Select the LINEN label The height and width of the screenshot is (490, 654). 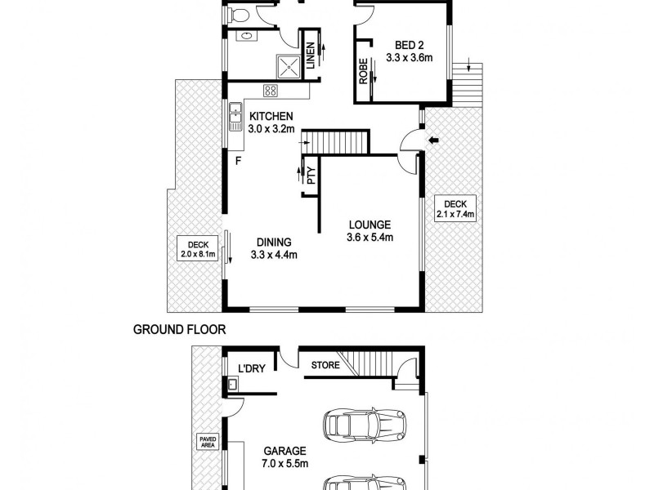[x=311, y=55]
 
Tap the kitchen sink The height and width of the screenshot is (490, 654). [x=235, y=109]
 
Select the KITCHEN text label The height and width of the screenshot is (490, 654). [x=272, y=116]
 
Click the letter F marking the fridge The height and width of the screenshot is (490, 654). [x=238, y=160]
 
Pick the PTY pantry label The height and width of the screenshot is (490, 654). [x=311, y=175]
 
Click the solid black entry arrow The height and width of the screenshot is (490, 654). [x=433, y=141]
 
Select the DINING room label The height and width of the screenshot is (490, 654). [x=274, y=242]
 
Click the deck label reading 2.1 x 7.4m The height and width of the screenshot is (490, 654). [x=455, y=209]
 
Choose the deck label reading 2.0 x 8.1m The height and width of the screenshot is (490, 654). [x=196, y=248]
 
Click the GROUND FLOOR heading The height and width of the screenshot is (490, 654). [x=179, y=331]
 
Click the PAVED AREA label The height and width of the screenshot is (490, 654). [x=207, y=443]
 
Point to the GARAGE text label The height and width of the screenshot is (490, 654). [x=284, y=450]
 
